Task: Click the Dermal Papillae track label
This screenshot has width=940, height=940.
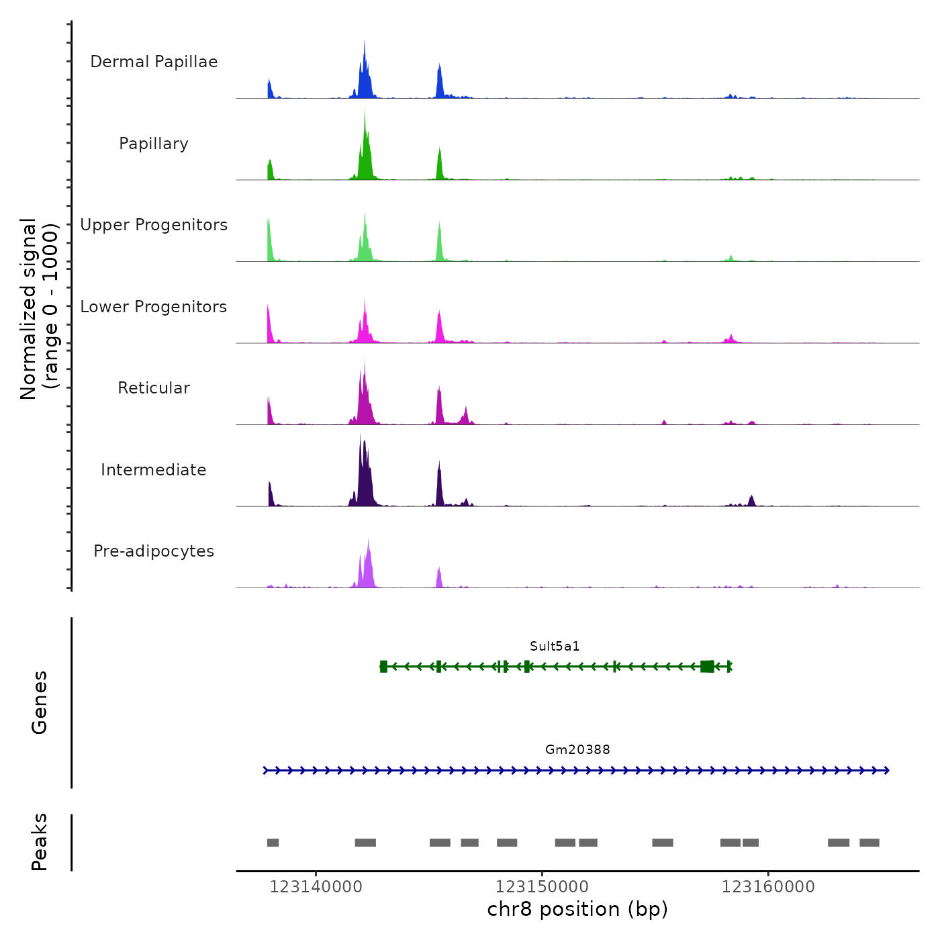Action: [154, 62]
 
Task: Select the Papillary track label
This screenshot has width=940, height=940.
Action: [154, 144]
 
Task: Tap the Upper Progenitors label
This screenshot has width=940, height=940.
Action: [154, 225]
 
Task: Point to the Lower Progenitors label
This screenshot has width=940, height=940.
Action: [154, 307]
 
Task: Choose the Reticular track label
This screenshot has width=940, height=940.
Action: [154, 388]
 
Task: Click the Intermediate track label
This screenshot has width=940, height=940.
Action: [154, 470]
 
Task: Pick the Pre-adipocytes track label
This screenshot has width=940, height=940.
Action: [154, 551]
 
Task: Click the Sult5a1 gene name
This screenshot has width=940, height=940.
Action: [555, 647]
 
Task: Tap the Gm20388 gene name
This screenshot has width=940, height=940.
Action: [577, 750]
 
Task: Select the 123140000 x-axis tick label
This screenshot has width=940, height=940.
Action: [316, 887]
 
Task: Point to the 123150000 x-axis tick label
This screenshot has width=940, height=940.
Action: [542, 887]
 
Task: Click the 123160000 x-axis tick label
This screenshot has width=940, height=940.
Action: [768, 887]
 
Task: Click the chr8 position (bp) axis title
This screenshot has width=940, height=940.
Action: [577, 909]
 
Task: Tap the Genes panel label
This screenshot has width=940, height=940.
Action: [40, 702]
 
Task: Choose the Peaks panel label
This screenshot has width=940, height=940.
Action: [40, 842]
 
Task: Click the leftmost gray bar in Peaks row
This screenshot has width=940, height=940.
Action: [273, 843]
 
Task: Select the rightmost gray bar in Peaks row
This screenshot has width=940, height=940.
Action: [869, 843]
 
